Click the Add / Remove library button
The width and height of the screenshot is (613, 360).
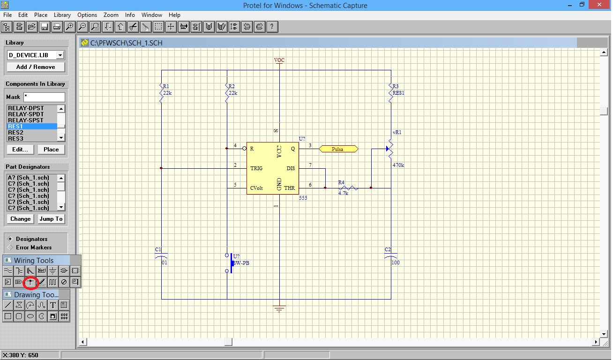(x=36, y=67)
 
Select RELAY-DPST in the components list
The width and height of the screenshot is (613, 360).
(x=26, y=108)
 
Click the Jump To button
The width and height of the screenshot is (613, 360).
(x=51, y=219)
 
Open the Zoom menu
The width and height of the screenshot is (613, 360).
(x=111, y=15)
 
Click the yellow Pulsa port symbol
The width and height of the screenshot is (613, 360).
(x=338, y=149)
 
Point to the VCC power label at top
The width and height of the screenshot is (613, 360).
(x=279, y=60)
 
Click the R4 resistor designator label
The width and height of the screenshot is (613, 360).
(x=341, y=182)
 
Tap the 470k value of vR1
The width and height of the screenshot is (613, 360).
(x=398, y=165)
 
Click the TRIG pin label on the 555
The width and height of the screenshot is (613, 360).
(x=256, y=168)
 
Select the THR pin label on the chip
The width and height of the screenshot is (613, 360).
(x=290, y=188)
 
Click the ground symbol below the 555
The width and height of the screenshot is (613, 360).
(x=279, y=309)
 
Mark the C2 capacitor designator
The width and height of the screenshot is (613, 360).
(x=388, y=249)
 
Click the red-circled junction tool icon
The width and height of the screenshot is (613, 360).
(x=30, y=282)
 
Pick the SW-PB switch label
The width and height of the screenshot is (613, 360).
(x=242, y=263)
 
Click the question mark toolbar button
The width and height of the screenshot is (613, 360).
(x=271, y=27)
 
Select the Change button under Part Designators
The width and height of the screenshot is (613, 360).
(x=21, y=219)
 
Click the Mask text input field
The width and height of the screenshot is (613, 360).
(x=44, y=97)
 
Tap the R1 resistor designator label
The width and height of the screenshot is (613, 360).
(x=166, y=86)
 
